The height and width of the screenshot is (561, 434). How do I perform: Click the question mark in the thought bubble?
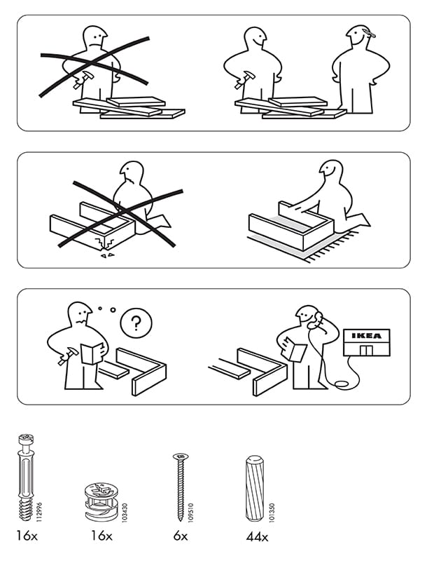[x=136, y=323]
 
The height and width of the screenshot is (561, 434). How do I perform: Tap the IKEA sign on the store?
[x=367, y=336]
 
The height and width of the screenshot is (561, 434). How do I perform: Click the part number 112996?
[x=39, y=512]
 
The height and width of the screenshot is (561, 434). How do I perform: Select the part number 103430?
[x=125, y=513]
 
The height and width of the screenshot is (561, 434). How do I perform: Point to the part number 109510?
[x=190, y=513]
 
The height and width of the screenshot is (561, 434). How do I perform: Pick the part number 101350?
[x=272, y=513]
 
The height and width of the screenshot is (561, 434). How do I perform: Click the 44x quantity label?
[x=257, y=536]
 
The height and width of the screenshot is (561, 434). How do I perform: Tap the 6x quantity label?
[x=181, y=536]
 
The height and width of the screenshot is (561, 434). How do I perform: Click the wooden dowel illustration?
[x=255, y=488]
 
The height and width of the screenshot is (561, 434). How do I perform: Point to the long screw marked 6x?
[x=181, y=487]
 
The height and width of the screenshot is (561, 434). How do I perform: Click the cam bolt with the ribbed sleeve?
[x=26, y=477]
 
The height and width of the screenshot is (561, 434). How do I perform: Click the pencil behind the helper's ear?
[x=369, y=33]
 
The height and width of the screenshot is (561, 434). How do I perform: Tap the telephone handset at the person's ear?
[x=316, y=320]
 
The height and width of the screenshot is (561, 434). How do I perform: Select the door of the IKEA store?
[x=366, y=350]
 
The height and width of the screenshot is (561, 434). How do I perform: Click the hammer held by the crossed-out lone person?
[x=83, y=80]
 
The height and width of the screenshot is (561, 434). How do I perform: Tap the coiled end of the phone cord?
[x=341, y=384]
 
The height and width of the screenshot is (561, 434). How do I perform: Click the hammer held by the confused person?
[x=67, y=356]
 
